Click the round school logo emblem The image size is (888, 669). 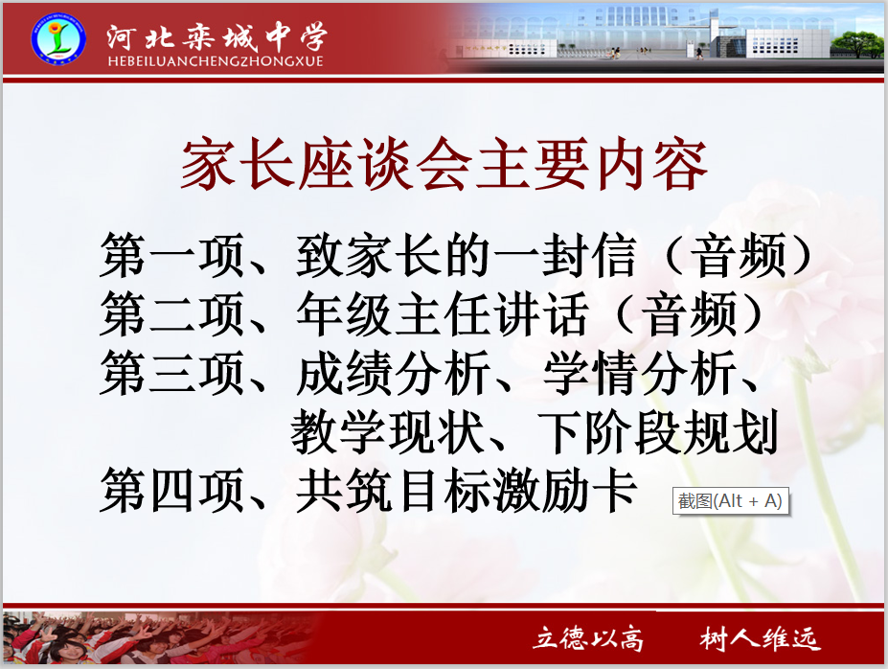click(x=58, y=39)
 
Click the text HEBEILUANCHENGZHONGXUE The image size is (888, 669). click(x=216, y=61)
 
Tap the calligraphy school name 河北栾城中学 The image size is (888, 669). click(x=217, y=36)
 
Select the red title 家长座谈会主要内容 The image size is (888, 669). click(x=444, y=164)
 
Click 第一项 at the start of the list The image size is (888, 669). click(x=172, y=256)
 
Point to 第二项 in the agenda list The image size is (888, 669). click(x=172, y=314)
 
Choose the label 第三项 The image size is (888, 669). click(x=172, y=373)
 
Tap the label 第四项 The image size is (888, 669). click(x=172, y=491)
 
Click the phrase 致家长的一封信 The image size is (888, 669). click(x=466, y=256)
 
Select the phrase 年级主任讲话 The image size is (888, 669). click(x=442, y=314)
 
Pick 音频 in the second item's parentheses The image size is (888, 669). click(x=691, y=314)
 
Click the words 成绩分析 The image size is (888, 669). click(x=393, y=373)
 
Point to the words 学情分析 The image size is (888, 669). click(x=640, y=373)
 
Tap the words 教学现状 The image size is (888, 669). click(x=387, y=432)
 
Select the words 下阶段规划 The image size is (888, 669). click(x=658, y=432)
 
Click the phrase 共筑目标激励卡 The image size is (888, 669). click(x=467, y=491)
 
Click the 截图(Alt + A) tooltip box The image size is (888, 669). click(x=731, y=501)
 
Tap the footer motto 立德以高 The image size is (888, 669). click(x=589, y=638)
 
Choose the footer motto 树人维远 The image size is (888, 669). click(x=760, y=638)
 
